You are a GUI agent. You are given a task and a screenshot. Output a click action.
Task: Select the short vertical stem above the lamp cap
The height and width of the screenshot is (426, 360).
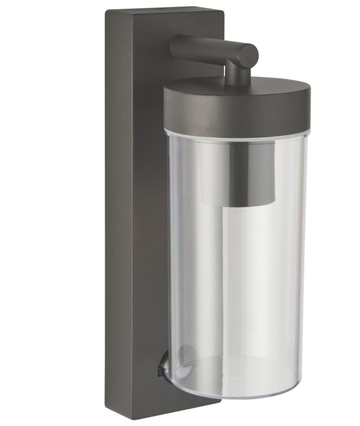tap(238, 75)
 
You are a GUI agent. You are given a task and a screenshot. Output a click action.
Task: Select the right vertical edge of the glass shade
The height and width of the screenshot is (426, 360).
tap(305, 256)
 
